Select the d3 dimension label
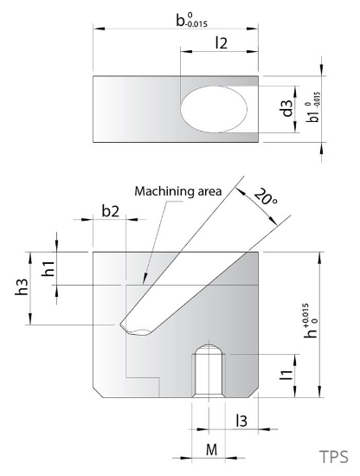point(286,109)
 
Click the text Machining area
point(177,190)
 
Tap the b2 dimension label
point(111,210)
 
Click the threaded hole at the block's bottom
point(207,372)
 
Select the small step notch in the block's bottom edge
point(143,387)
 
